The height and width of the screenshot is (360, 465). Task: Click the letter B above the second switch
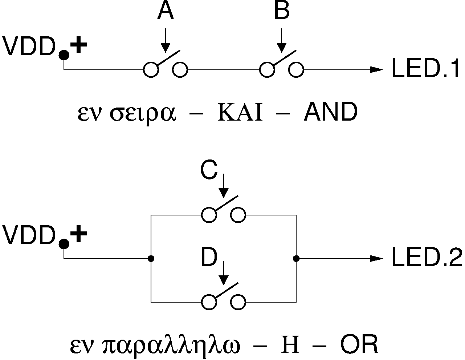pyautogui.click(x=282, y=12)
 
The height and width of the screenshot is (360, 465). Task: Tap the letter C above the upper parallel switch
pyautogui.click(x=209, y=171)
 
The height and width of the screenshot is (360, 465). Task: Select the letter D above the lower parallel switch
pyautogui.click(x=209, y=258)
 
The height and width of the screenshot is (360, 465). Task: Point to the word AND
pyautogui.click(x=330, y=113)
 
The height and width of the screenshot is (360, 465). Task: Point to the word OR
pyautogui.click(x=359, y=346)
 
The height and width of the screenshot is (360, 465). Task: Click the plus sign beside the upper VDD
pyautogui.click(x=78, y=46)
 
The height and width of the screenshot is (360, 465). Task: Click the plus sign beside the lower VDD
pyautogui.click(x=78, y=235)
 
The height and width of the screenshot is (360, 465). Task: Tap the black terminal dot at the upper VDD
pyautogui.click(x=64, y=55)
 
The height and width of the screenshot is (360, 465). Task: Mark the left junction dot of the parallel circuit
pyautogui.click(x=151, y=259)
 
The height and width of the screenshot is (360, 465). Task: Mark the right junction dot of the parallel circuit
pyautogui.click(x=296, y=259)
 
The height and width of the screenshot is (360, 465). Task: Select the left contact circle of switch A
pyautogui.click(x=151, y=69)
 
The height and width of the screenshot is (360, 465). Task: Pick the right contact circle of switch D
pyautogui.click(x=238, y=302)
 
